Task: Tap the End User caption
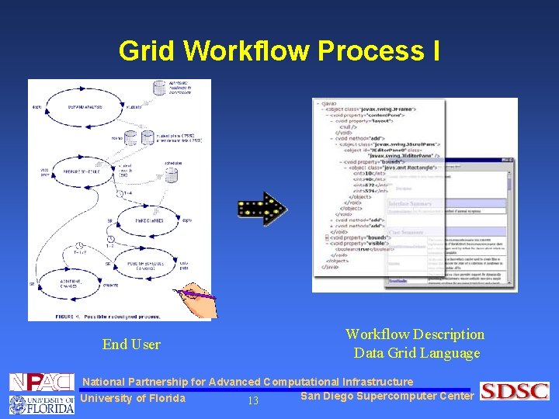coord(131,345)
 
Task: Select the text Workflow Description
coord(415,334)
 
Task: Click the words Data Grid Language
coord(417,353)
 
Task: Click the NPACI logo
coord(41,382)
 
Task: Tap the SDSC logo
coord(514,391)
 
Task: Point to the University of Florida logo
coord(41,403)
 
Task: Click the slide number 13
coord(252,401)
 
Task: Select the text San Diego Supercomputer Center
coord(387,396)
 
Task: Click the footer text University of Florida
coord(133,399)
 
